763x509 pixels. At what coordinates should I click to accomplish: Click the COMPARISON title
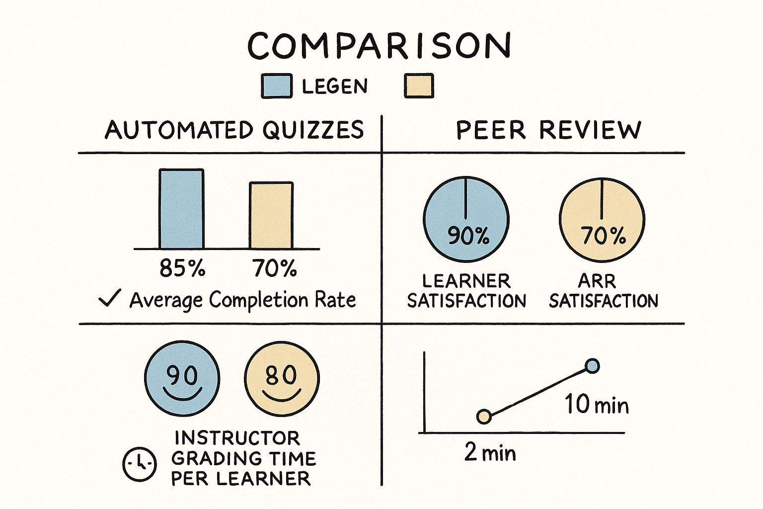tap(380, 46)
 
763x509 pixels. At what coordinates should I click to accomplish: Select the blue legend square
tap(277, 86)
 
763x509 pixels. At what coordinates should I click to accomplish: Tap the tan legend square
tap(419, 86)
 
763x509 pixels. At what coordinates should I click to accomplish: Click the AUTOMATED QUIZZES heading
tap(234, 130)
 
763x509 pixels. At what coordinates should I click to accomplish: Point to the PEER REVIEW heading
tap(548, 130)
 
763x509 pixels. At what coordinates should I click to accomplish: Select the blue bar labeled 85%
tap(181, 209)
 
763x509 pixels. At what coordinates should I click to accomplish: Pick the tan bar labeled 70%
tap(271, 215)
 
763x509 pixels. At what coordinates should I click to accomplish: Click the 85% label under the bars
tap(182, 269)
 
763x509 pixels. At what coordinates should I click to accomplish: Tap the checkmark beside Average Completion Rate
tap(109, 299)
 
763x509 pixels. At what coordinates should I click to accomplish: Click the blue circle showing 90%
tap(466, 219)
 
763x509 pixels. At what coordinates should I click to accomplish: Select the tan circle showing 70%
tap(602, 219)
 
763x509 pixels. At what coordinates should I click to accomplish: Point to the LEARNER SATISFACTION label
tap(466, 291)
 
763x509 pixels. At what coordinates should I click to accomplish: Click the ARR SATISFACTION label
tap(603, 291)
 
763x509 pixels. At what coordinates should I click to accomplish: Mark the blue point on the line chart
tap(592, 366)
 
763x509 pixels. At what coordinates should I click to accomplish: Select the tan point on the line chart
tap(484, 417)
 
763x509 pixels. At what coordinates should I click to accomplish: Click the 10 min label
tap(597, 405)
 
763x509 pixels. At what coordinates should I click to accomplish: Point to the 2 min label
tap(490, 452)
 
